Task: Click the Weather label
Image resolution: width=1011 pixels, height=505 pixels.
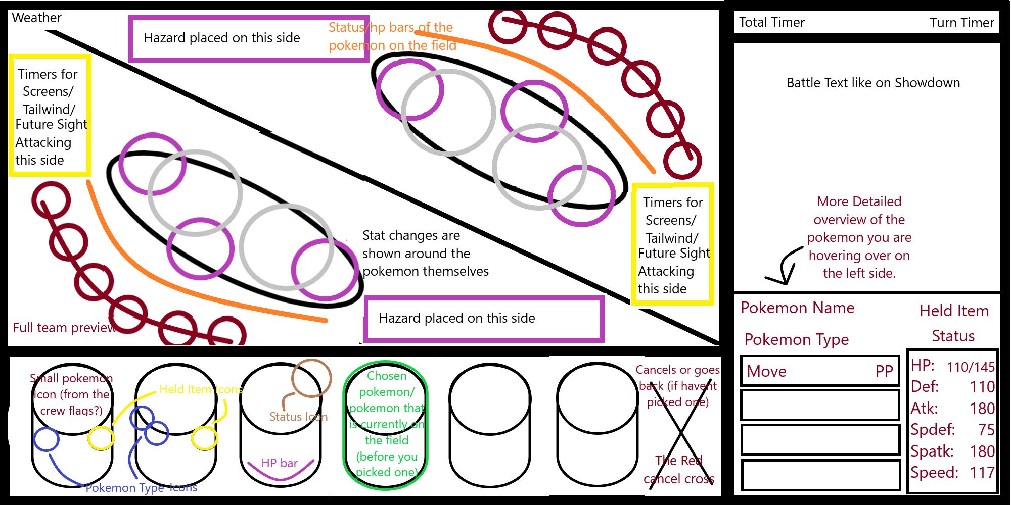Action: pos(36,18)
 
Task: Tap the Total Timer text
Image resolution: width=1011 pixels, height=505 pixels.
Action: pos(771,22)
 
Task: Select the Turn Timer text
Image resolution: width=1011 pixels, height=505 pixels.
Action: pos(961,23)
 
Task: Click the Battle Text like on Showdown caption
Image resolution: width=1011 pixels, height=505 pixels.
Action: pos(873,83)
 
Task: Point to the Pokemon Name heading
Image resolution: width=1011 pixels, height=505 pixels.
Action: pos(797,308)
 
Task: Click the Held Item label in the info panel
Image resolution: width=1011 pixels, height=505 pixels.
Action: pos(954,311)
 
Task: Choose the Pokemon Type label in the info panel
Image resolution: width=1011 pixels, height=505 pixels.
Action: pos(796,339)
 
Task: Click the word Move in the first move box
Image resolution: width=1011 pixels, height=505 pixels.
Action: pos(766,371)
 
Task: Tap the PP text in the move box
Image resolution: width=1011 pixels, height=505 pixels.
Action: pos(884,371)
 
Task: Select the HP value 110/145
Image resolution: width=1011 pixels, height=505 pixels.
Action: pos(971,367)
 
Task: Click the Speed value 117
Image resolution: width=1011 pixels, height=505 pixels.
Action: pos(982,473)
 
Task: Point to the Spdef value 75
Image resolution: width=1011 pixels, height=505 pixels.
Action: pos(986,430)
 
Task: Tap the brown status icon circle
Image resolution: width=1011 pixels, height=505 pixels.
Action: pos(311,378)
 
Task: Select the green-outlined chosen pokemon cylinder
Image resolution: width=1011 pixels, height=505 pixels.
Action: pos(386,425)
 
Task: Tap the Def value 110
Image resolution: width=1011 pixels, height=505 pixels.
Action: pos(982,387)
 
